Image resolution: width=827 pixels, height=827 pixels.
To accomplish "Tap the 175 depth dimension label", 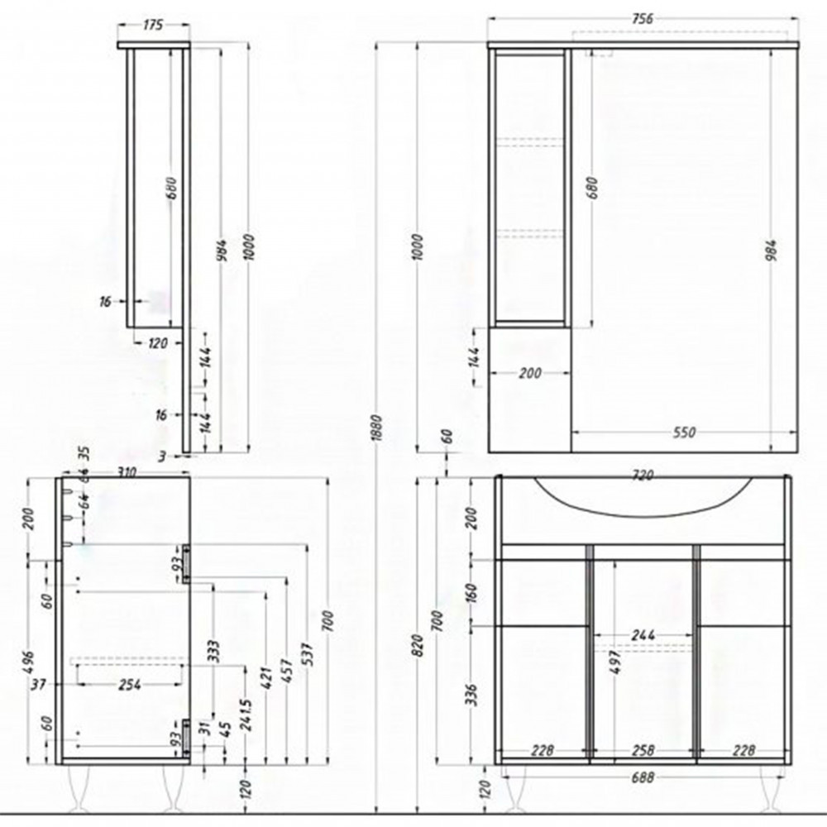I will click(153, 26).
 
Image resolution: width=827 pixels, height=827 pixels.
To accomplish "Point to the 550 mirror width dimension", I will click(684, 433).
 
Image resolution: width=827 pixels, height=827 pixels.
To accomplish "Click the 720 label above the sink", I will click(643, 476).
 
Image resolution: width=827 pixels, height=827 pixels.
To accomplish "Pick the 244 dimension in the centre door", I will click(643, 635).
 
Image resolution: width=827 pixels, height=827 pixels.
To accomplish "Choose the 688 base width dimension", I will click(643, 777).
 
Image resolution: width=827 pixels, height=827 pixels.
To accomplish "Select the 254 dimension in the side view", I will click(129, 684).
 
